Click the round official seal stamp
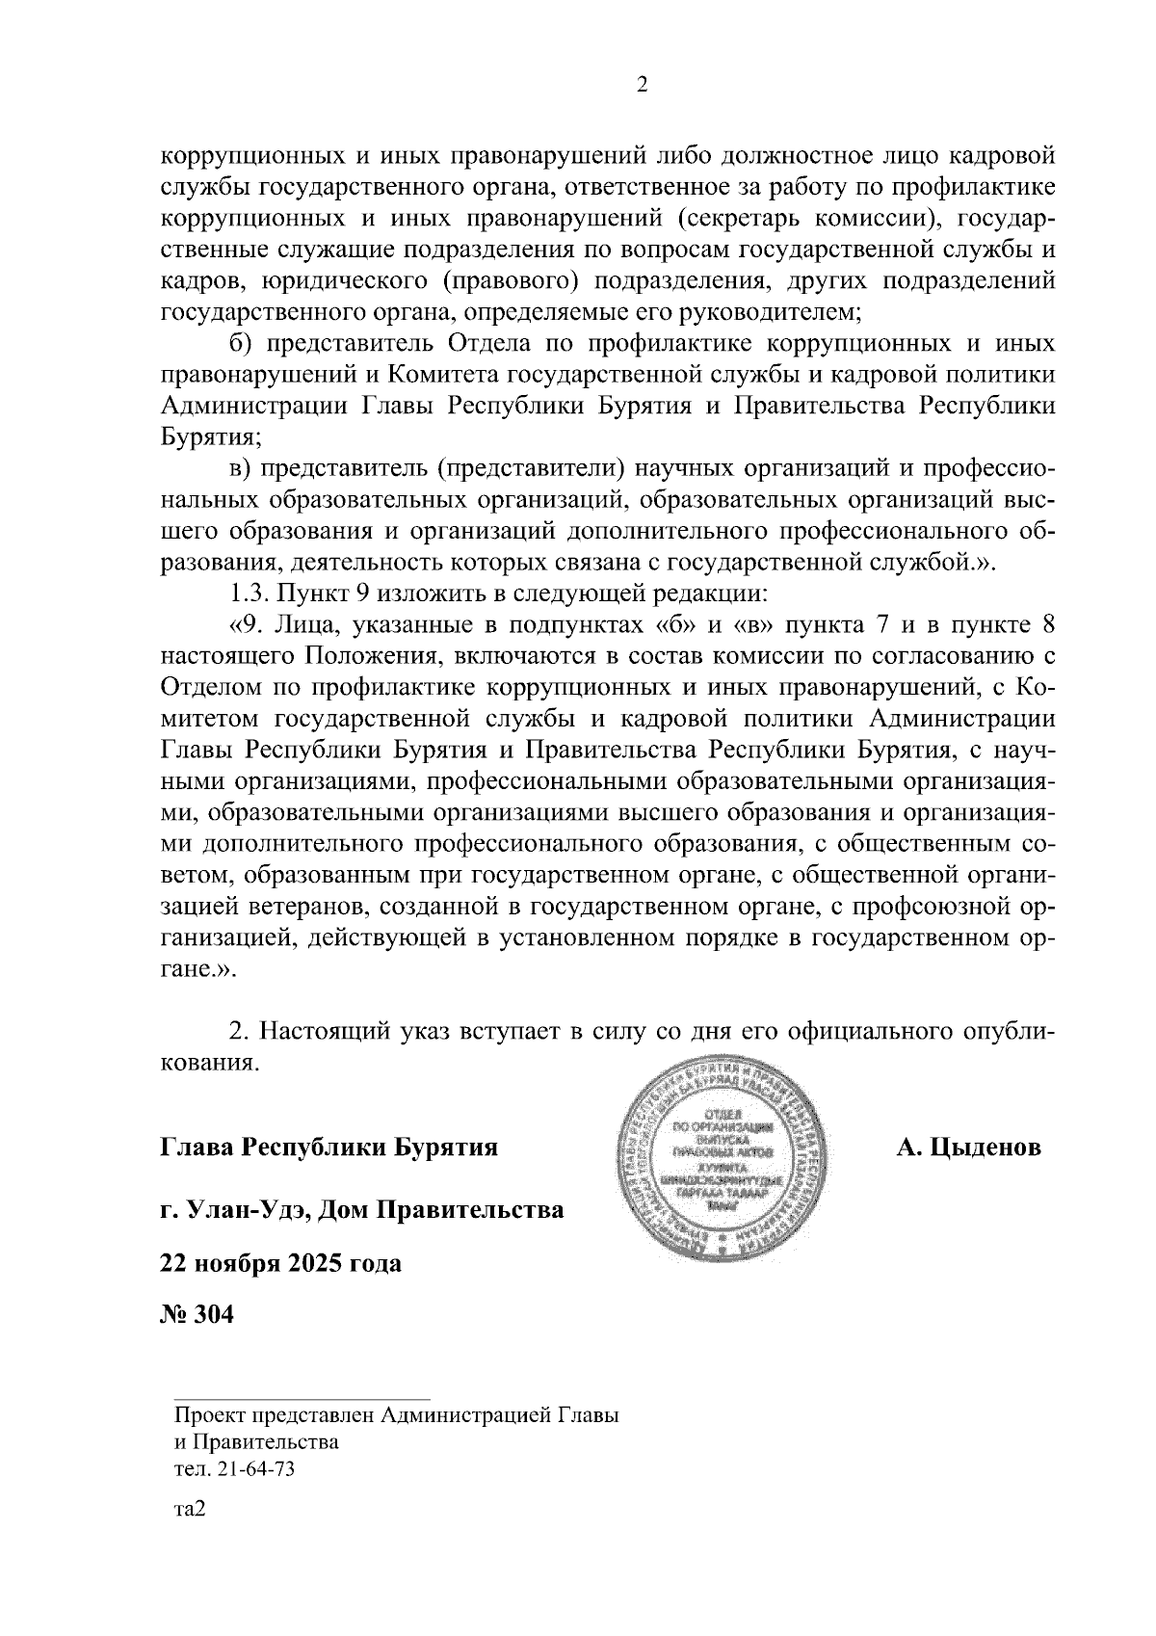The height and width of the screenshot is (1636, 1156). [x=728, y=1148]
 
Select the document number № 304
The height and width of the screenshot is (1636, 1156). [x=197, y=1315]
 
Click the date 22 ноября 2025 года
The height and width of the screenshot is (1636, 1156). [x=280, y=1262]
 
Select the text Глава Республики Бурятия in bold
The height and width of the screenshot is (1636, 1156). [x=328, y=1148]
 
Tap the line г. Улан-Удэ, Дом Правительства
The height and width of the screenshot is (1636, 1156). [x=361, y=1208]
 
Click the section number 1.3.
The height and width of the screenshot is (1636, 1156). [x=247, y=593]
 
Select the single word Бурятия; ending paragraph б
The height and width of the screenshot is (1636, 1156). [x=210, y=436]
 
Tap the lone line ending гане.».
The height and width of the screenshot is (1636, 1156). [x=197, y=969]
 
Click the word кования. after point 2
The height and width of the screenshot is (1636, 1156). [x=209, y=1063]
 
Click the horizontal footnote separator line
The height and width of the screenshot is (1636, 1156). [x=301, y=1397]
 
